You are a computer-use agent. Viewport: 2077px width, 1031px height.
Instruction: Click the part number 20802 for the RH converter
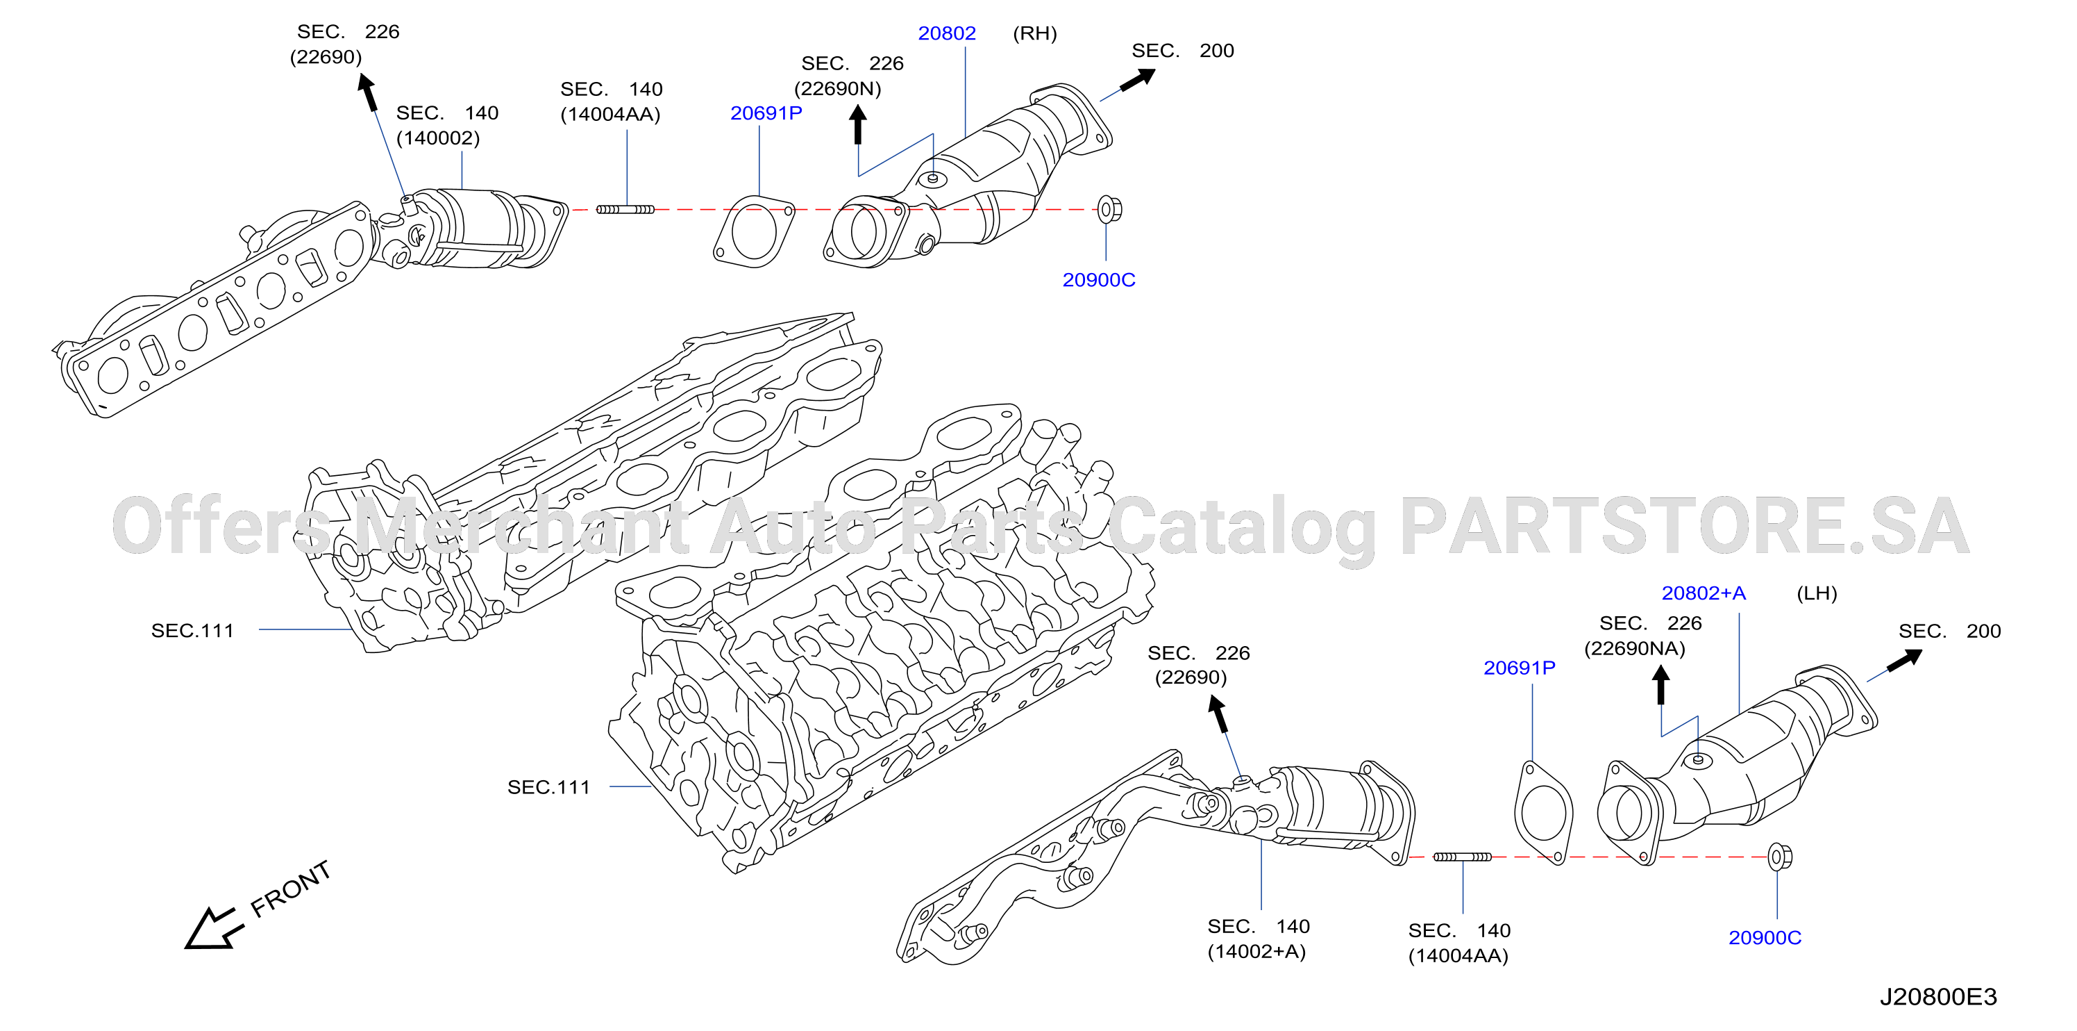click(x=947, y=34)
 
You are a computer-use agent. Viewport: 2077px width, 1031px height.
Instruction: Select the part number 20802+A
click(x=1704, y=594)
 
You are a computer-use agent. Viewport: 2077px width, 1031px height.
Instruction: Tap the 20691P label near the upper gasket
click(x=766, y=114)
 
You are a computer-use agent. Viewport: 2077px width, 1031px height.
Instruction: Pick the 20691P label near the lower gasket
click(x=1519, y=668)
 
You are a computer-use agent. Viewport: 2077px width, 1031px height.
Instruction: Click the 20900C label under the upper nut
click(x=1098, y=280)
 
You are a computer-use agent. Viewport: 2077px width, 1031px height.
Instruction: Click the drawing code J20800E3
click(x=1938, y=997)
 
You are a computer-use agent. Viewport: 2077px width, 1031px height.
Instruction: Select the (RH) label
click(x=1034, y=34)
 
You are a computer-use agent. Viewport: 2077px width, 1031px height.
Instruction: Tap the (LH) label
click(x=1817, y=594)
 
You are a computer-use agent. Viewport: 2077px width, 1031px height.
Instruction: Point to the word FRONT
click(x=290, y=889)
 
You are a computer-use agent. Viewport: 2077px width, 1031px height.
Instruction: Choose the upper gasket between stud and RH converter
click(x=754, y=231)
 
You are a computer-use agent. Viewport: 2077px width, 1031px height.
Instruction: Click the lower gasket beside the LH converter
click(x=1543, y=811)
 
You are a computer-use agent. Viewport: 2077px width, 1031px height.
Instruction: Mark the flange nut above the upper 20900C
click(x=1109, y=210)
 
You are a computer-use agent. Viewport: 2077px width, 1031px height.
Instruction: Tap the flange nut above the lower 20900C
click(x=1779, y=857)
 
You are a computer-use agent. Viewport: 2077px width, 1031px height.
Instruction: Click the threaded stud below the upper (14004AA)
click(x=625, y=210)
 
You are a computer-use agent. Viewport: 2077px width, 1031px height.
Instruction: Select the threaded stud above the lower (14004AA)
click(x=1463, y=857)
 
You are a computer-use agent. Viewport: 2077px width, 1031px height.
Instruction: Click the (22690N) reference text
click(x=838, y=89)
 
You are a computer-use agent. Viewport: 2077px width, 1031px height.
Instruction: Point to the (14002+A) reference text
click(x=1256, y=952)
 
